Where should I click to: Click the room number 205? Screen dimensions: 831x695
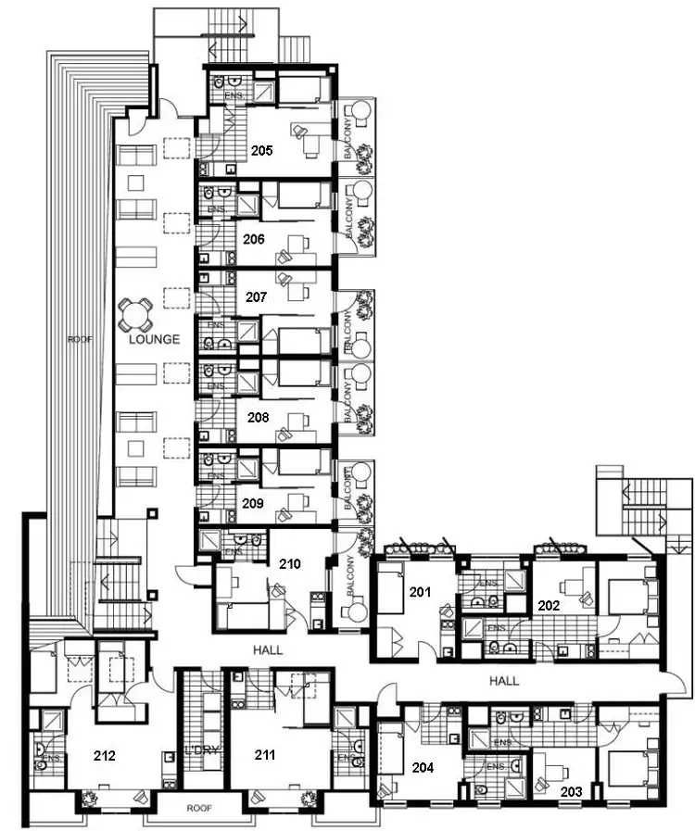click(x=260, y=150)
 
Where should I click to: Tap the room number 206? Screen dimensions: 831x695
click(x=254, y=239)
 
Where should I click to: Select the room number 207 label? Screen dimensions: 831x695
click(x=257, y=297)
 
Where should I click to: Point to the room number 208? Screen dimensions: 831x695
click(x=258, y=418)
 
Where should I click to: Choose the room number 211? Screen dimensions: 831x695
click(x=266, y=755)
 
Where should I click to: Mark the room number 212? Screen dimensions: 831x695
click(x=105, y=755)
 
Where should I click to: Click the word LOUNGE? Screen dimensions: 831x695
click(x=154, y=339)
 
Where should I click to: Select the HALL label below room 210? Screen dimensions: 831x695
click(x=268, y=650)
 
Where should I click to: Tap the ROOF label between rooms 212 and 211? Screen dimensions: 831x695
click(x=199, y=808)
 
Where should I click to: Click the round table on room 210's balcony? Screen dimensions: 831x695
click(x=354, y=611)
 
